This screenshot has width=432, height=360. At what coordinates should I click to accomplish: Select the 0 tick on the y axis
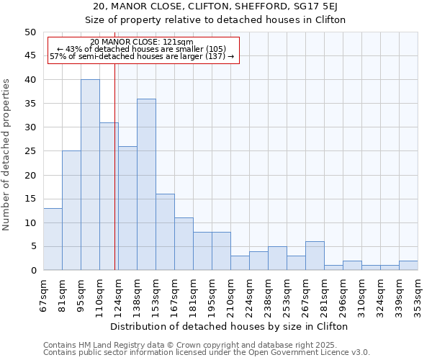coord(32,270)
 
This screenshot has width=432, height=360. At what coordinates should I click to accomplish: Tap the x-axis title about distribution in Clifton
coord(230,326)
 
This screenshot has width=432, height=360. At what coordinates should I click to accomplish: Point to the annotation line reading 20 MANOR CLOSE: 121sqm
coord(142,42)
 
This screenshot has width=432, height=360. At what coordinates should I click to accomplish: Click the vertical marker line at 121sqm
coord(114,180)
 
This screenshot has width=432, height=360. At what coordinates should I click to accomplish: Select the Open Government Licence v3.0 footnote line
coord(207,353)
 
